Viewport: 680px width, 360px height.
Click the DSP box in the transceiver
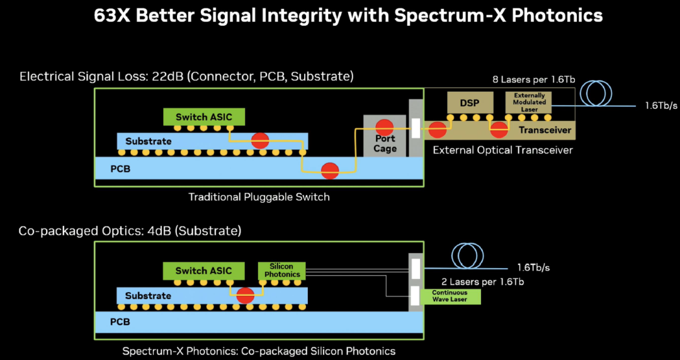tap(470, 103)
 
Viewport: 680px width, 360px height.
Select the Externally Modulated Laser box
tap(529, 103)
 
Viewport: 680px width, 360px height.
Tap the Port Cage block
tap(385, 136)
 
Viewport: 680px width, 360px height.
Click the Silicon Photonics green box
tap(282, 271)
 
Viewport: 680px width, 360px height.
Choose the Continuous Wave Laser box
tap(450, 296)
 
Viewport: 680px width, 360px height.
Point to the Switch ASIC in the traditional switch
tap(204, 117)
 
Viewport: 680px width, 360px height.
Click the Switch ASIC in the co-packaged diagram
tap(203, 271)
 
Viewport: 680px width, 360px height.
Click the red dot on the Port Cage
tap(384, 127)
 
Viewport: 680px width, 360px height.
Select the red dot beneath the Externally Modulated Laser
tap(499, 129)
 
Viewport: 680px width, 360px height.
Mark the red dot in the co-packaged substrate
tap(245, 295)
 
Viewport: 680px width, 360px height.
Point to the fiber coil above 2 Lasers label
tap(467, 256)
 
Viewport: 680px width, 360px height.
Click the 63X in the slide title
tap(111, 16)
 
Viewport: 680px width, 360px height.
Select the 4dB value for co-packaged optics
tap(160, 231)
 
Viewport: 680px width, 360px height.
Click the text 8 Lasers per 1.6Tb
tap(533, 80)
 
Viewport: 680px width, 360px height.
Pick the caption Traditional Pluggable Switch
tap(259, 197)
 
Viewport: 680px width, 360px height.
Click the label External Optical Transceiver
tap(502, 150)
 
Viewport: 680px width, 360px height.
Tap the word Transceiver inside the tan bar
tap(545, 130)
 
